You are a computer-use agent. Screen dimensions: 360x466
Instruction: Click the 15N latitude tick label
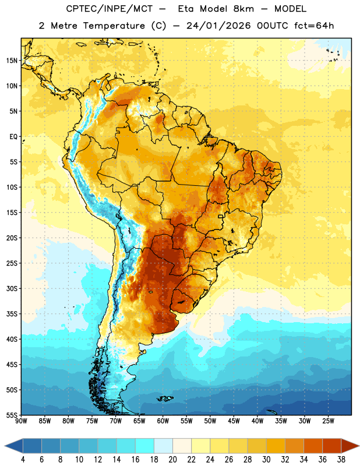click(12, 61)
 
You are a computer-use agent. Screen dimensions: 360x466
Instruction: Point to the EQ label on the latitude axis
click(13, 137)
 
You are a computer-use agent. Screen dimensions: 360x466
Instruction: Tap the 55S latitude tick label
click(12, 415)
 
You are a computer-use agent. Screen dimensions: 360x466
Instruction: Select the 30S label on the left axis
click(12, 288)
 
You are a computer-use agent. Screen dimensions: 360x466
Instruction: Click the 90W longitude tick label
click(21, 421)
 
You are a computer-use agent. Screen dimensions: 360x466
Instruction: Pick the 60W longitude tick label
click(163, 421)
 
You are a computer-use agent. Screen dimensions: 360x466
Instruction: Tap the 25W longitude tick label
click(328, 421)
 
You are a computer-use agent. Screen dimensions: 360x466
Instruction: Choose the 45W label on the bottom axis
click(234, 421)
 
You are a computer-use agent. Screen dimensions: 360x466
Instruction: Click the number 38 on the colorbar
click(341, 460)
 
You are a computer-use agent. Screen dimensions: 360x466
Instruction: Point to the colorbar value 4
click(23, 460)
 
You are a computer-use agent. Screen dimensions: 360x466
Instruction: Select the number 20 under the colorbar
click(172, 460)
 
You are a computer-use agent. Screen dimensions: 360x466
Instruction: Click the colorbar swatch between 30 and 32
click(276, 446)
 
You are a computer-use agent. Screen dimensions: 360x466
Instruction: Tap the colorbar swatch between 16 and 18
click(144, 446)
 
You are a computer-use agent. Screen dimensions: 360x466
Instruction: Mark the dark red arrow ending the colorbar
click(350, 446)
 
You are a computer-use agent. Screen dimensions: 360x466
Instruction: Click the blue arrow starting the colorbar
click(13, 446)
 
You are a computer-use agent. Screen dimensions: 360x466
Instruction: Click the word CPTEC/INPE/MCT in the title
click(109, 9)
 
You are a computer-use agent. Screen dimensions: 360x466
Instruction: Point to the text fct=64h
click(314, 26)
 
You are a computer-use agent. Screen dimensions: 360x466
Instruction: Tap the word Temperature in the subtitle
click(114, 26)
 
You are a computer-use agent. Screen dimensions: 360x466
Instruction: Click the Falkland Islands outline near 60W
click(165, 398)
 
